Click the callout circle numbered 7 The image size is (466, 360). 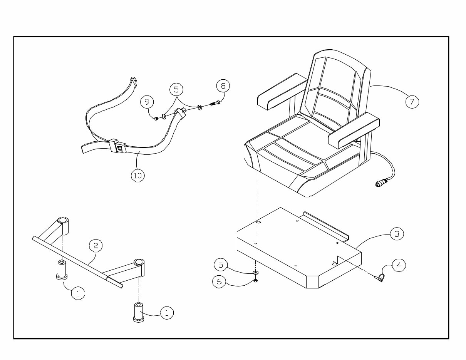click(x=412, y=102)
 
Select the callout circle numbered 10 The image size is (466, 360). click(x=137, y=175)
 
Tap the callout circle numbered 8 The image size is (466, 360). click(x=223, y=85)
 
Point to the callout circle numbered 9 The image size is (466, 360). click(x=147, y=102)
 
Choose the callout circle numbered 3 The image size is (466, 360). click(x=397, y=234)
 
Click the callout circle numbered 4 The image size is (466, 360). click(x=399, y=265)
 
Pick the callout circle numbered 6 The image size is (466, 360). click(x=219, y=281)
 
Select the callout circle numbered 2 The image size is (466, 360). click(x=96, y=245)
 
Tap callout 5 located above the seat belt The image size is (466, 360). click(x=176, y=90)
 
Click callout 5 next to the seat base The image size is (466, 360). click(x=221, y=265)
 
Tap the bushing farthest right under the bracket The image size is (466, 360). click(x=139, y=311)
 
